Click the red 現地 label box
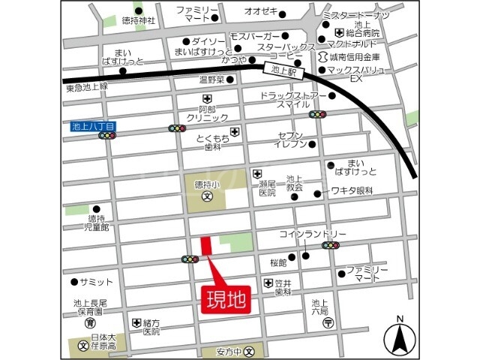pos(226,300)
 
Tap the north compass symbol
pos(400,339)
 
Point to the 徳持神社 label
pos(139,21)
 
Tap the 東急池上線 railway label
pos(87,88)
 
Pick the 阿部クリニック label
pos(207,112)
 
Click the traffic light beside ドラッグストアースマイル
pos(318,115)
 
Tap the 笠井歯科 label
pos(283,287)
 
